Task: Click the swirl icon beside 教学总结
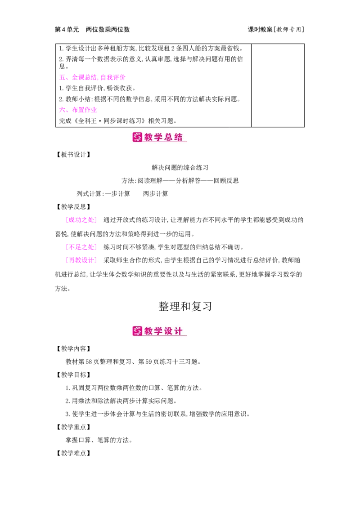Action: (137, 137)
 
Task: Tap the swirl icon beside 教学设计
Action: (137, 331)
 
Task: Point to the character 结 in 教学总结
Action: (179, 137)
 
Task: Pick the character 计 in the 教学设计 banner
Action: (179, 331)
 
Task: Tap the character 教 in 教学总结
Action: (149, 137)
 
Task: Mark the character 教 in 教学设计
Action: (149, 331)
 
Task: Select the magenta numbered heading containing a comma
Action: (92, 78)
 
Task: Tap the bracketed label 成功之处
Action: (81, 220)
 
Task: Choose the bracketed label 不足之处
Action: (81, 247)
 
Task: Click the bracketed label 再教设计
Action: (81, 260)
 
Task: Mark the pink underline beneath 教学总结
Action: (165, 143)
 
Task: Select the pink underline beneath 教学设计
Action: (165, 336)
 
